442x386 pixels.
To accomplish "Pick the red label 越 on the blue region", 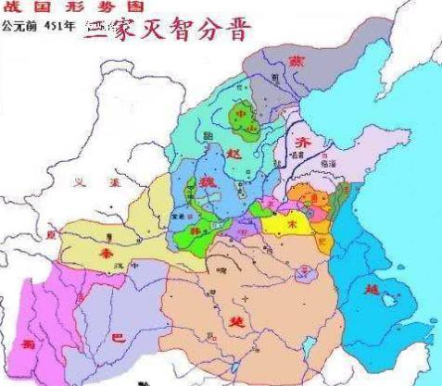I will pos(373,289).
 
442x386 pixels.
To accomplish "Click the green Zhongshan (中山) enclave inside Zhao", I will pos(244,117).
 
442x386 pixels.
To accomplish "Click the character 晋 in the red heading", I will pos(238,29).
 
